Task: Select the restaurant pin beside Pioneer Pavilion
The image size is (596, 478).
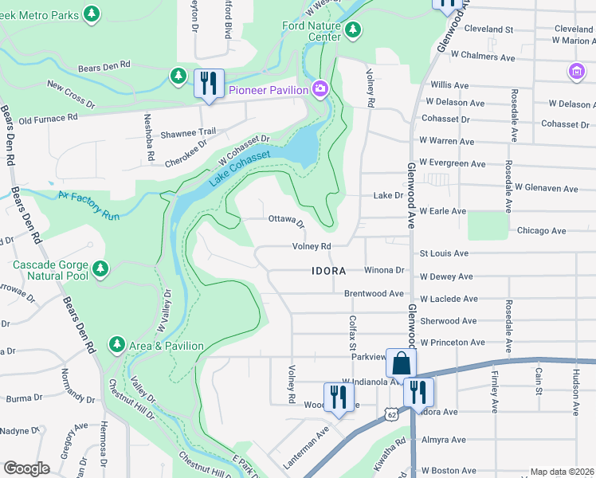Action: [x=209, y=83]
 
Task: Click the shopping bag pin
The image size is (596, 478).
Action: [x=401, y=364]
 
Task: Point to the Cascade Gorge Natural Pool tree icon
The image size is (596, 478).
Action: [x=100, y=269]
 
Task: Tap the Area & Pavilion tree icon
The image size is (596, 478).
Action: [x=117, y=343]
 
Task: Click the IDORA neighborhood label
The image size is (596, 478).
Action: [x=328, y=271]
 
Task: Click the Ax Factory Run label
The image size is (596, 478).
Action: [x=88, y=205]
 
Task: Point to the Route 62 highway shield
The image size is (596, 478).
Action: [x=390, y=414]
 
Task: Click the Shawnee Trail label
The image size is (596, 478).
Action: [x=190, y=132]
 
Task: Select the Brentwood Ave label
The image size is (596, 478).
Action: [x=374, y=293]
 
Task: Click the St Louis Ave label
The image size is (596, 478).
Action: [x=444, y=253]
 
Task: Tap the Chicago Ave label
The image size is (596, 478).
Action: [x=541, y=231]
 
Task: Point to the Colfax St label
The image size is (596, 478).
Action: [x=351, y=335]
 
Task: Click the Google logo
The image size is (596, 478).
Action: [x=26, y=468]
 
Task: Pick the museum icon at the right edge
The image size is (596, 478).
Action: [x=576, y=72]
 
